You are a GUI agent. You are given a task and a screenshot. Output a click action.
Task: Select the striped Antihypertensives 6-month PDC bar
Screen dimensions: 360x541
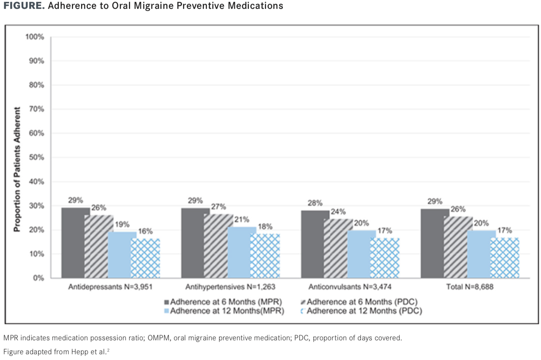[x=218, y=246]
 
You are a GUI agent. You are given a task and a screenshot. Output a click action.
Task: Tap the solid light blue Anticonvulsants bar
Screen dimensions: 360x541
[x=361, y=254]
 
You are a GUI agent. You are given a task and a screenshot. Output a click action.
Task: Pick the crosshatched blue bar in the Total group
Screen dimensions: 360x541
[x=505, y=258]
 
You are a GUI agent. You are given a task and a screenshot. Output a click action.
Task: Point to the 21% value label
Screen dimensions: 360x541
[x=242, y=220]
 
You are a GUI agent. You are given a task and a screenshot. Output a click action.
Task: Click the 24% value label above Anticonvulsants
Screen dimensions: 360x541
[x=338, y=211]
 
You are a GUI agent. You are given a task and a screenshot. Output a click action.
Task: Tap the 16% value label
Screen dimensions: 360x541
[x=145, y=231]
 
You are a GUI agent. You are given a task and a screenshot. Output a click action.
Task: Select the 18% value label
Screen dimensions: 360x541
[x=265, y=226]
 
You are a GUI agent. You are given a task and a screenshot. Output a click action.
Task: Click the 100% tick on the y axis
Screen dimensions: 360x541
[x=35, y=37]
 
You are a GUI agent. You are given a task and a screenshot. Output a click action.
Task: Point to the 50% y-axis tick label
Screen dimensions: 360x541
[x=36, y=157]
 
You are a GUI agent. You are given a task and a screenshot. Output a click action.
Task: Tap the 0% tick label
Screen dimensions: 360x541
[x=38, y=278]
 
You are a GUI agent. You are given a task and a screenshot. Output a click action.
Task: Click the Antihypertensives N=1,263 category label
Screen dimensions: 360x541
[x=230, y=287]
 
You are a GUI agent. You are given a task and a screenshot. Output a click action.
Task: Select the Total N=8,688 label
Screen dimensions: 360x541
[x=470, y=287]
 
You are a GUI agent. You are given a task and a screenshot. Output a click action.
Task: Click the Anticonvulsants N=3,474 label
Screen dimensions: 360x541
[x=350, y=287]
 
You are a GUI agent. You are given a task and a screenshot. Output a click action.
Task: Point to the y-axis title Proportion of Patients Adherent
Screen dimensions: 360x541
[x=17, y=169]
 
